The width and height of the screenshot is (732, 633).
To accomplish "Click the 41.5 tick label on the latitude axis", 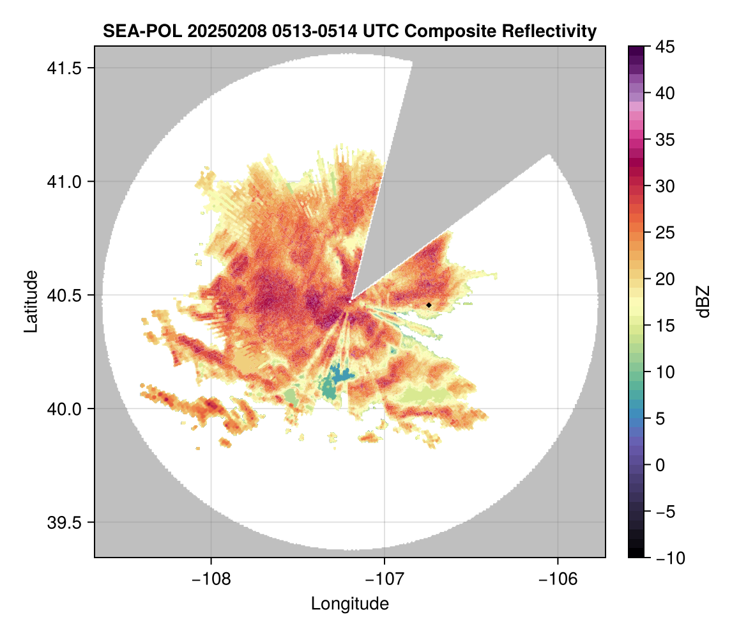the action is [65, 68].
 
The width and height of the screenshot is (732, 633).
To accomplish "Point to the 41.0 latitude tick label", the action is [65, 182].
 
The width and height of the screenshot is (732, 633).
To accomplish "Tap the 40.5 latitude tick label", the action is [65, 295].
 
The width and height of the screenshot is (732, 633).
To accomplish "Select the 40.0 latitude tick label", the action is [65, 409].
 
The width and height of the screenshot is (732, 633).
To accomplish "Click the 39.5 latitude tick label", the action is [65, 522].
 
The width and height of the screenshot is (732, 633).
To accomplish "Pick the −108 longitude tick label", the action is [211, 579].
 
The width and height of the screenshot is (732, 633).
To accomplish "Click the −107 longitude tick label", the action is [385, 579].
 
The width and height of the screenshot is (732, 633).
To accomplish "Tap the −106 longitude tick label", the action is [558, 579].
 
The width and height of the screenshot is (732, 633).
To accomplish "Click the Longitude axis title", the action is [350, 604].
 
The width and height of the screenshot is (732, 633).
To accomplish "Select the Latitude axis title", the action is [31, 301].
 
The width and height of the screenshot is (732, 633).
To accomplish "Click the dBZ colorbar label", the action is [704, 302].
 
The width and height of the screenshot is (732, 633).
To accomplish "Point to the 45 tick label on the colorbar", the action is [665, 47].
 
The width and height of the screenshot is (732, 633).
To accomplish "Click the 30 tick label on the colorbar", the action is [665, 187].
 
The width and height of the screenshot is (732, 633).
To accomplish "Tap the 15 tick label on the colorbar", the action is [665, 325].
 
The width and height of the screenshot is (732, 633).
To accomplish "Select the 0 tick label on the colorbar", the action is [660, 465].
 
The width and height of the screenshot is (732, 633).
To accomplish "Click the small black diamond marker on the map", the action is [429, 305].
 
